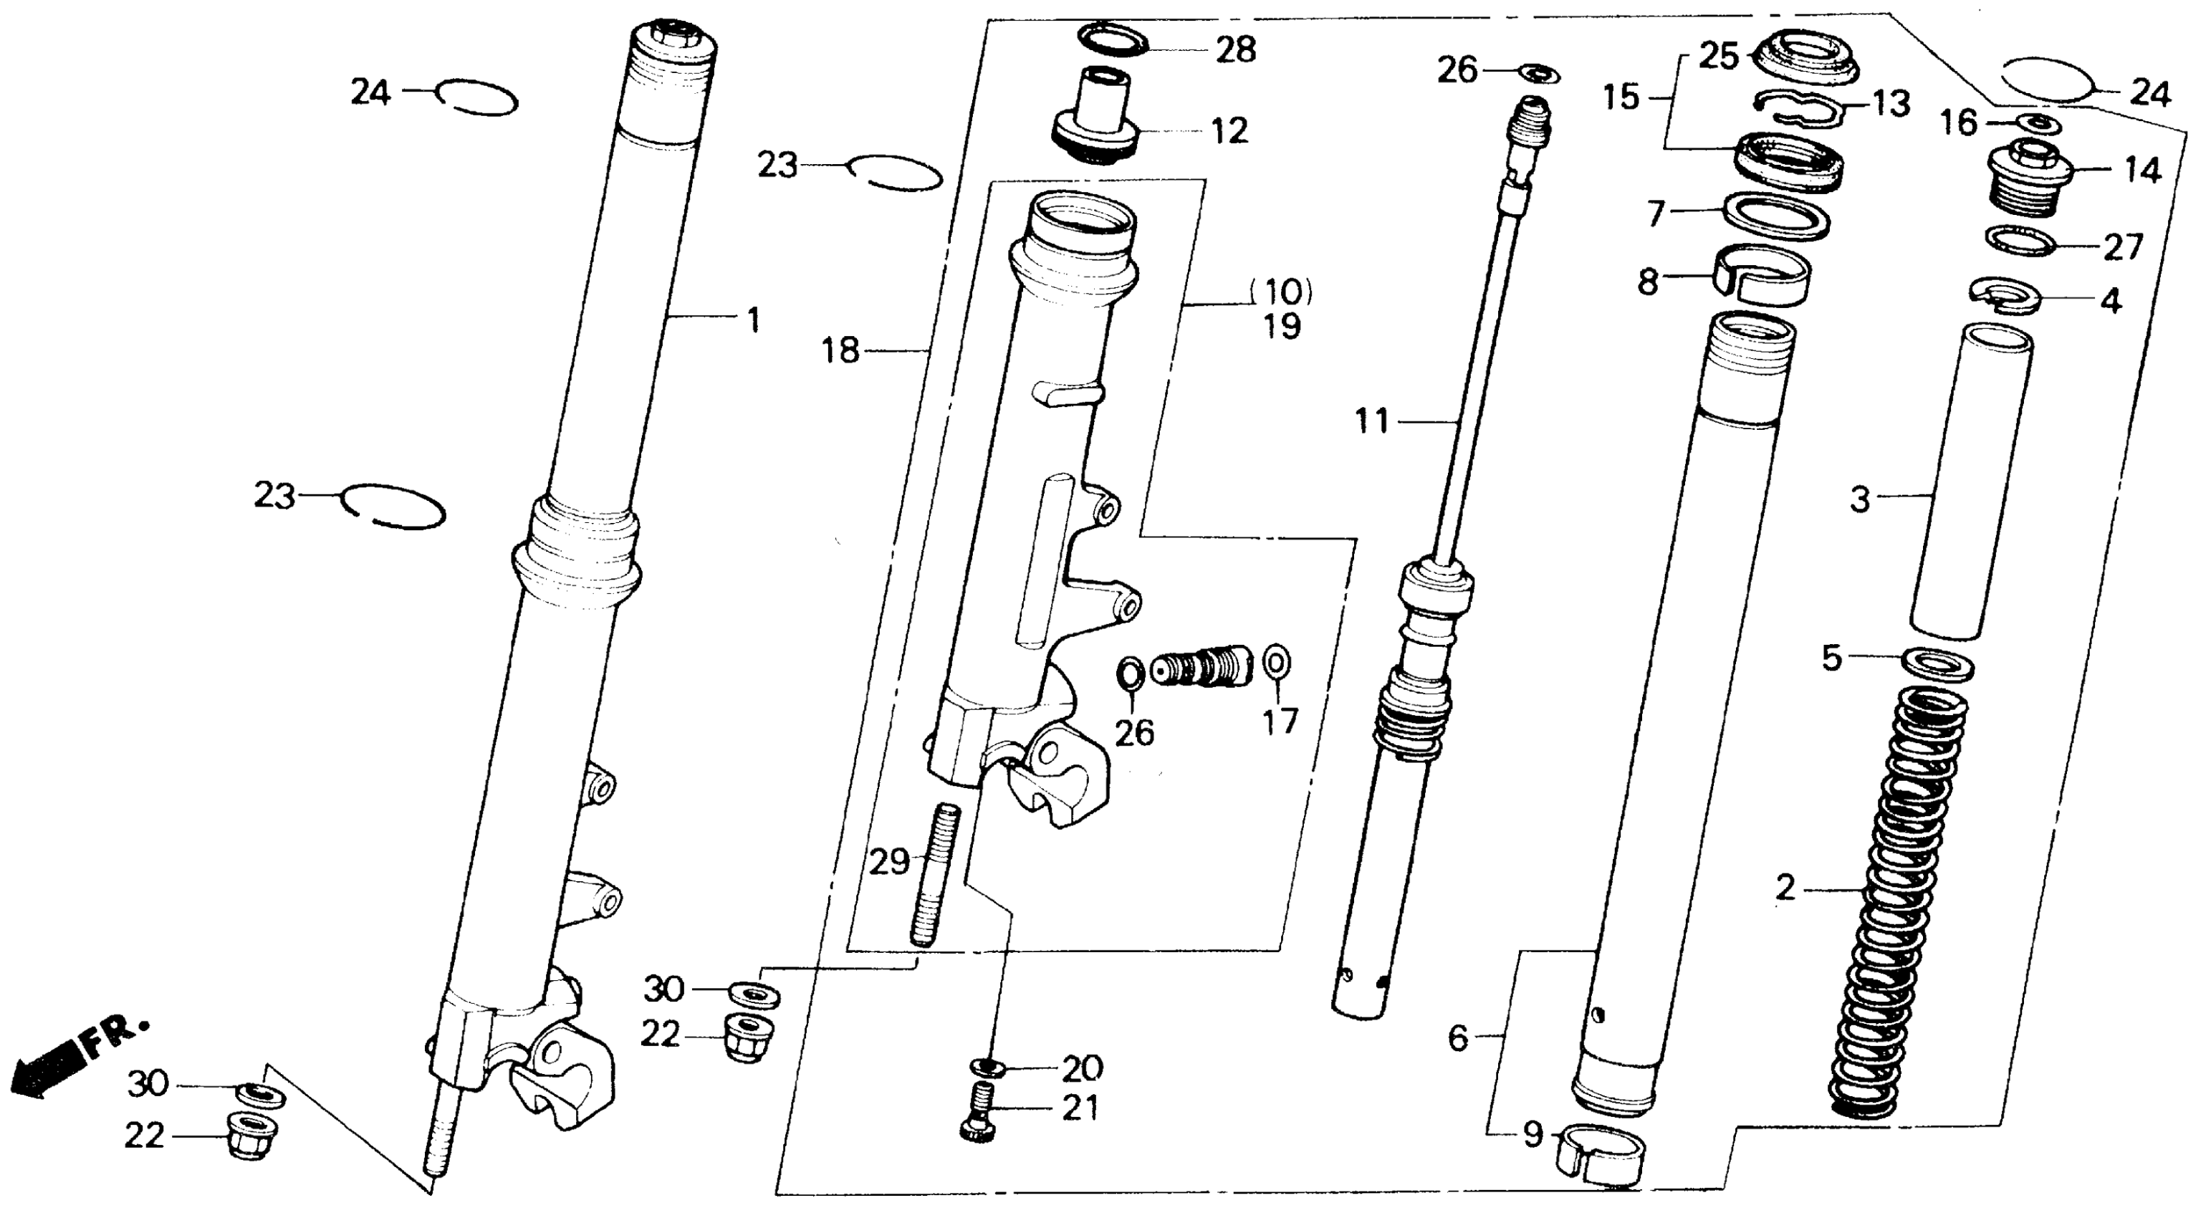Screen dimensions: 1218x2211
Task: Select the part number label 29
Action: pos(889,862)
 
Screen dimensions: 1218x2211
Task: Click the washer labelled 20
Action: pos(989,1068)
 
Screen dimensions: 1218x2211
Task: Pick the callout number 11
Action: pos(1371,421)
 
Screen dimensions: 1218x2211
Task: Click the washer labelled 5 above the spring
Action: pos(1938,664)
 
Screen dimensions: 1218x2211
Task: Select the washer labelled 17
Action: pos(1278,663)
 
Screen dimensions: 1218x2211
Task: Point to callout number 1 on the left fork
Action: pos(753,321)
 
